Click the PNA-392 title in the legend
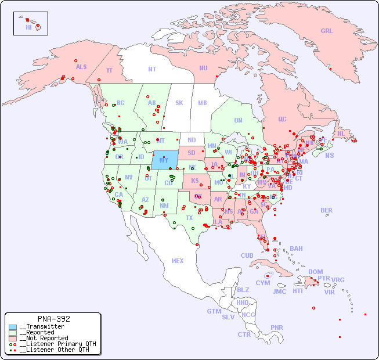[x=53, y=319]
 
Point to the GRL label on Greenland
[x=327, y=31]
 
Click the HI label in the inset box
[x=28, y=27]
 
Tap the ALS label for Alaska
[x=81, y=67]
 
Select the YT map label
[x=109, y=70]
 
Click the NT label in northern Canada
[x=152, y=69]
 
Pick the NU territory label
[x=203, y=68]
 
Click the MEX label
[x=178, y=261]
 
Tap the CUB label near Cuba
[x=247, y=255]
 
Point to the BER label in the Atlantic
[x=326, y=210]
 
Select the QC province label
[x=282, y=119]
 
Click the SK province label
[x=179, y=103]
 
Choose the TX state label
[x=189, y=218]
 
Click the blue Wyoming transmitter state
[x=165, y=160]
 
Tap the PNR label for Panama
[x=277, y=327]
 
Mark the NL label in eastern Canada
[x=341, y=133]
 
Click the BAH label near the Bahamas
[x=296, y=249]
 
